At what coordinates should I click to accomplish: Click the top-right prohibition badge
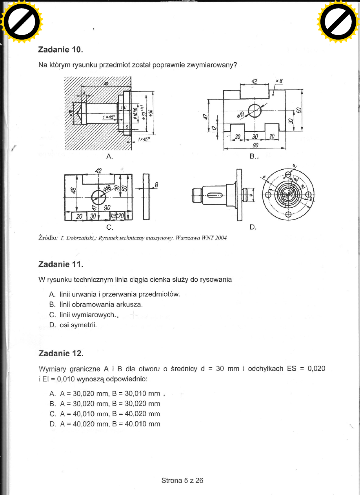pyautogui.click(x=338, y=22)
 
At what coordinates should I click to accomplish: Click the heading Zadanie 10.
pyautogui.click(x=60, y=50)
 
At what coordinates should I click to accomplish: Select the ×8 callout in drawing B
pyautogui.click(x=279, y=81)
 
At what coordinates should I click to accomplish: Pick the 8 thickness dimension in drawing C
pyautogui.click(x=156, y=184)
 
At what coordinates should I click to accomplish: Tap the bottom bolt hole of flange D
pyautogui.click(x=288, y=214)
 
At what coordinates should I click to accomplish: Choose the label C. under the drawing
pyautogui.click(x=110, y=227)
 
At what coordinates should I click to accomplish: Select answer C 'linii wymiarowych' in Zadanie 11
pyautogui.click(x=89, y=315)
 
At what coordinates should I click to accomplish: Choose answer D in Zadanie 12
pyautogui.click(x=105, y=424)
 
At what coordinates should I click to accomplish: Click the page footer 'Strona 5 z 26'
pyautogui.click(x=182, y=480)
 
